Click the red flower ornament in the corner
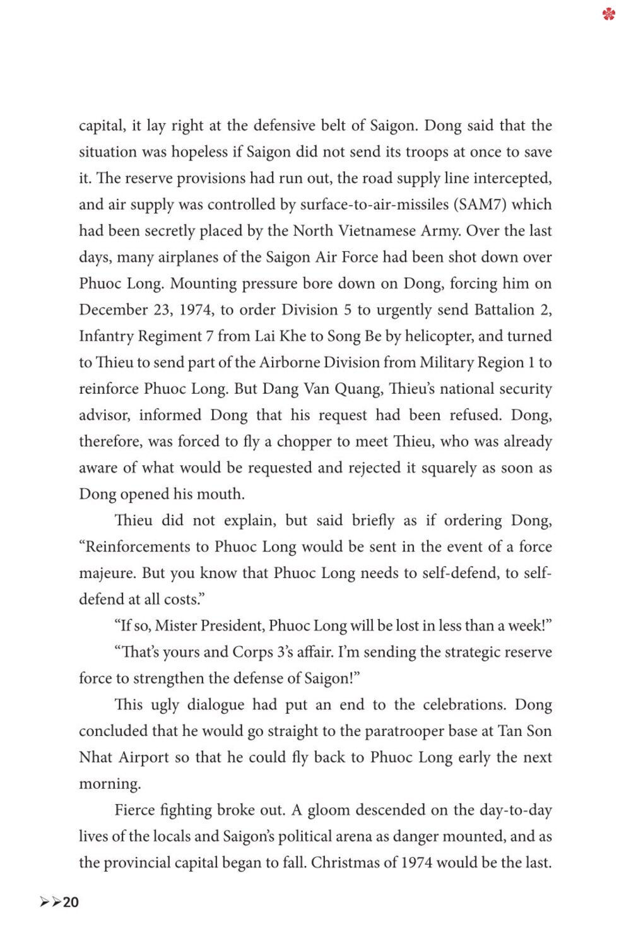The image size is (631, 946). point(608,13)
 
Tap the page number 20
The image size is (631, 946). point(71,902)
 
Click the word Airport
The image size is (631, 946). point(144,757)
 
